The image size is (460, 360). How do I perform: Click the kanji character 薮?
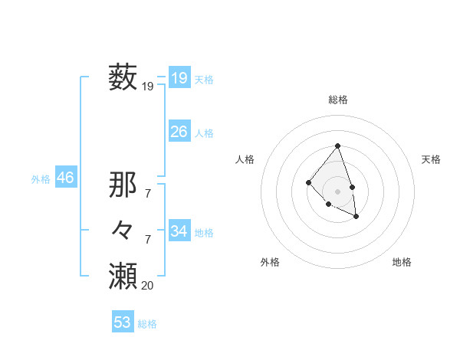tap(123, 78)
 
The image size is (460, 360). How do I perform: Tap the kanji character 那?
tap(123, 185)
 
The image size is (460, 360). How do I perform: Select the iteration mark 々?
tap(123, 231)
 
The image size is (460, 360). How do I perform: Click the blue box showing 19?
tap(179, 77)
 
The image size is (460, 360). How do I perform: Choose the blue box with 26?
tap(179, 132)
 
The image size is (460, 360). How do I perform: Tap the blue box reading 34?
tap(179, 231)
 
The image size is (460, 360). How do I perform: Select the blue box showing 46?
tap(65, 178)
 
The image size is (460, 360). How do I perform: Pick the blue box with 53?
tap(123, 322)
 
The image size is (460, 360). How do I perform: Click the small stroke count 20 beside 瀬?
tap(147, 285)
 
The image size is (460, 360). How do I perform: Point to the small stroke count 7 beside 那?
tap(147, 194)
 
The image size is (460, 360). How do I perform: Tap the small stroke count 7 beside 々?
tap(147, 240)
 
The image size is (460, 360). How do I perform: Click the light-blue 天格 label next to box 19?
tap(204, 79)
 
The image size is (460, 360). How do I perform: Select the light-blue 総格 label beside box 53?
tap(147, 324)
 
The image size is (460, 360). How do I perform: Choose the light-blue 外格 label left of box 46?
tap(41, 179)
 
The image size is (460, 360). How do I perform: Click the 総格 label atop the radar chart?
tap(338, 100)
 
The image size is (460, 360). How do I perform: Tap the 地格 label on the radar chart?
tap(402, 262)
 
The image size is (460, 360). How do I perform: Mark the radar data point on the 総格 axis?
tap(338, 146)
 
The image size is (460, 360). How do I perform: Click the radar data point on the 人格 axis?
tap(308, 182)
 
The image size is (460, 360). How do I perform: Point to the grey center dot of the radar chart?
tap(338, 191)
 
